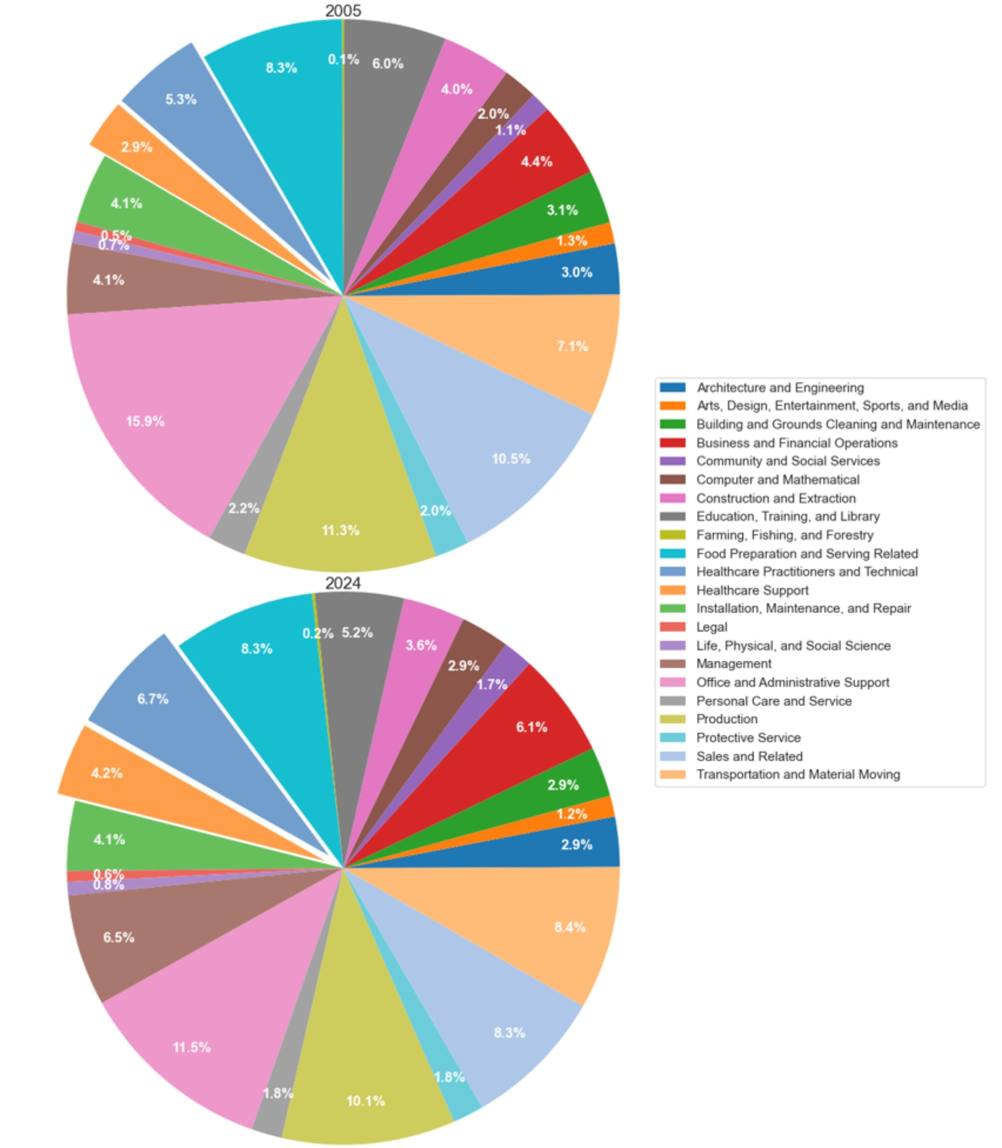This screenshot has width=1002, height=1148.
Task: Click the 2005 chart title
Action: pyautogui.click(x=343, y=11)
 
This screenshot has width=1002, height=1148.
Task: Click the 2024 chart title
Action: pyautogui.click(x=343, y=583)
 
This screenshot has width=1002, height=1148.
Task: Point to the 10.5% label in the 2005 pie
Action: pyautogui.click(x=511, y=459)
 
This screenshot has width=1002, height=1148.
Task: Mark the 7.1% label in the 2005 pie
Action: pyautogui.click(x=572, y=347)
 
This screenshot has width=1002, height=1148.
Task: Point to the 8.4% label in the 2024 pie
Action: pyautogui.click(x=570, y=927)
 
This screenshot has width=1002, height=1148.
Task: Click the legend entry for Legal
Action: pyautogui.click(x=711, y=627)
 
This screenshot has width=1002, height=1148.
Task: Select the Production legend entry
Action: pyautogui.click(x=726, y=719)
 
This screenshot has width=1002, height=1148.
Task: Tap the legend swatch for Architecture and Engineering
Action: pyautogui.click(x=672, y=387)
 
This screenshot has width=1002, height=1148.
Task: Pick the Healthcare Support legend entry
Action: pyautogui.click(x=752, y=590)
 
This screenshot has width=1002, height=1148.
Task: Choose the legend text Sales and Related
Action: pyautogui.click(x=749, y=756)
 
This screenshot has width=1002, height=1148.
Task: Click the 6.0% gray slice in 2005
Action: pyautogui.click(x=386, y=73)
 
